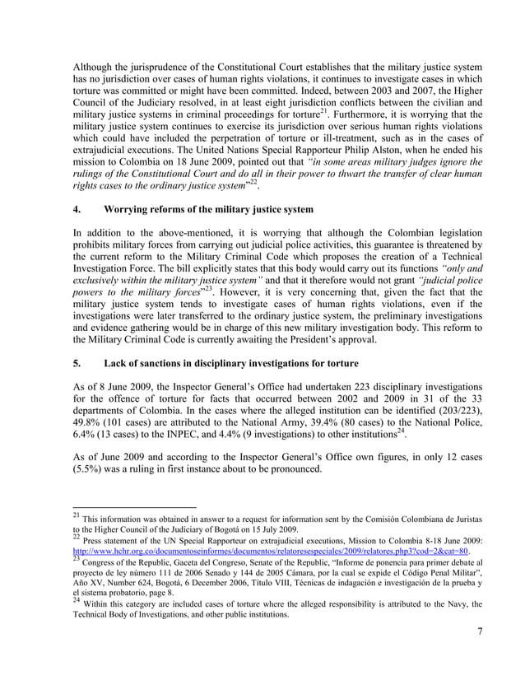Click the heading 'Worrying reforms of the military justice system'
click(x=208, y=210)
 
